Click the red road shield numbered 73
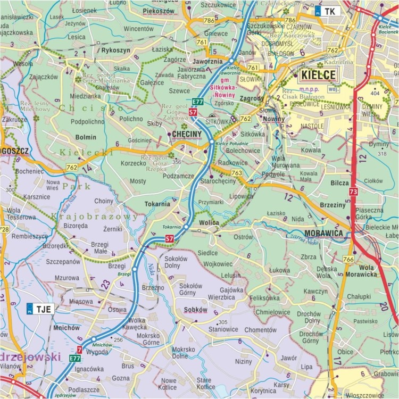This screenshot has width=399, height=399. [x=353, y=191]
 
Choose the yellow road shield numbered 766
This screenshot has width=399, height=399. [x=348, y=259]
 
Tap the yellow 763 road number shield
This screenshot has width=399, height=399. [x=237, y=173]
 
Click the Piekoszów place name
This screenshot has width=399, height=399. [x=159, y=10]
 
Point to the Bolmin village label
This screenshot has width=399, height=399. [x=86, y=137]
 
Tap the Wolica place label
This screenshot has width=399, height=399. [x=210, y=222]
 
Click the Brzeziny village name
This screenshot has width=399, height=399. [x=332, y=204]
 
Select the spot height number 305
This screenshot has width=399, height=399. [x=222, y=322]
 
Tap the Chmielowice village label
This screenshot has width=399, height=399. [x=273, y=312]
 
